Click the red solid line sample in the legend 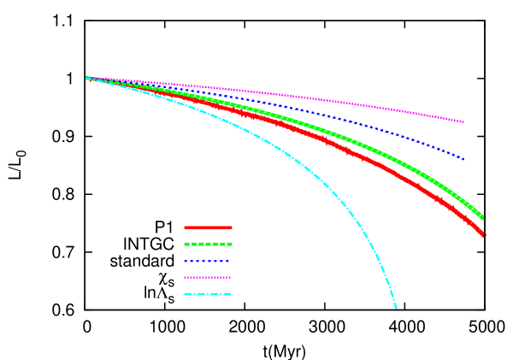click(208, 227)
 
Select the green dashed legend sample click(208, 244)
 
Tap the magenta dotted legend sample click(208, 277)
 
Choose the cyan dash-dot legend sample click(208, 294)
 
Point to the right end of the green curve click(482, 217)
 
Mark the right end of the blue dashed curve click(463, 158)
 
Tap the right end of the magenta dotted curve click(463, 121)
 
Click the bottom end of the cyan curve click(396, 307)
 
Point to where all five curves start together click(87, 78)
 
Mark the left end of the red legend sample click(186, 227)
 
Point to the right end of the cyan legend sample click(230, 294)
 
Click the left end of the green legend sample click(186, 244)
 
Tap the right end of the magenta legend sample click(230, 277)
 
